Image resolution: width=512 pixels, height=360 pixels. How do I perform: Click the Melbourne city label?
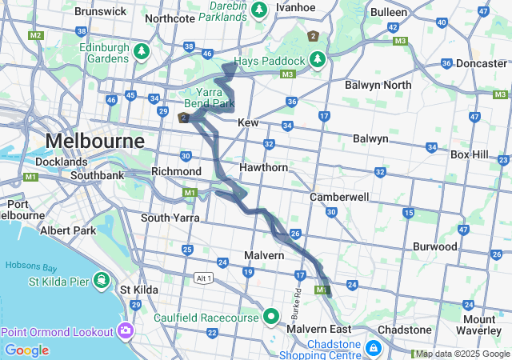(94, 141)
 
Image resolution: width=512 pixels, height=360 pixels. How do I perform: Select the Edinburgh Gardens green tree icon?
(142, 52)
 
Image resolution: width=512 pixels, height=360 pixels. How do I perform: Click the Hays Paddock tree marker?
(318, 60)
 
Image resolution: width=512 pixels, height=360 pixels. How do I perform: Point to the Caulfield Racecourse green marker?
(271, 317)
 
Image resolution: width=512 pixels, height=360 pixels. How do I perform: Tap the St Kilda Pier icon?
(102, 280)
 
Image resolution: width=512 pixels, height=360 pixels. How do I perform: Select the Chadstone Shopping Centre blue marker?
(374, 348)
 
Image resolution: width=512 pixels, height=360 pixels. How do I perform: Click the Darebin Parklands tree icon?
(258, 10)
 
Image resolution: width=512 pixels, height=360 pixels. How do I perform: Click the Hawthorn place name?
(263, 167)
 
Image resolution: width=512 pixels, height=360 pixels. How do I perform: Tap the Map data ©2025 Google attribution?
(463, 354)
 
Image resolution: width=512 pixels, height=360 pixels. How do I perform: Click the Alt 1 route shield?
(203, 278)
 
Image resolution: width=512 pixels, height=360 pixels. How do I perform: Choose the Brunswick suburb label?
(99, 12)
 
